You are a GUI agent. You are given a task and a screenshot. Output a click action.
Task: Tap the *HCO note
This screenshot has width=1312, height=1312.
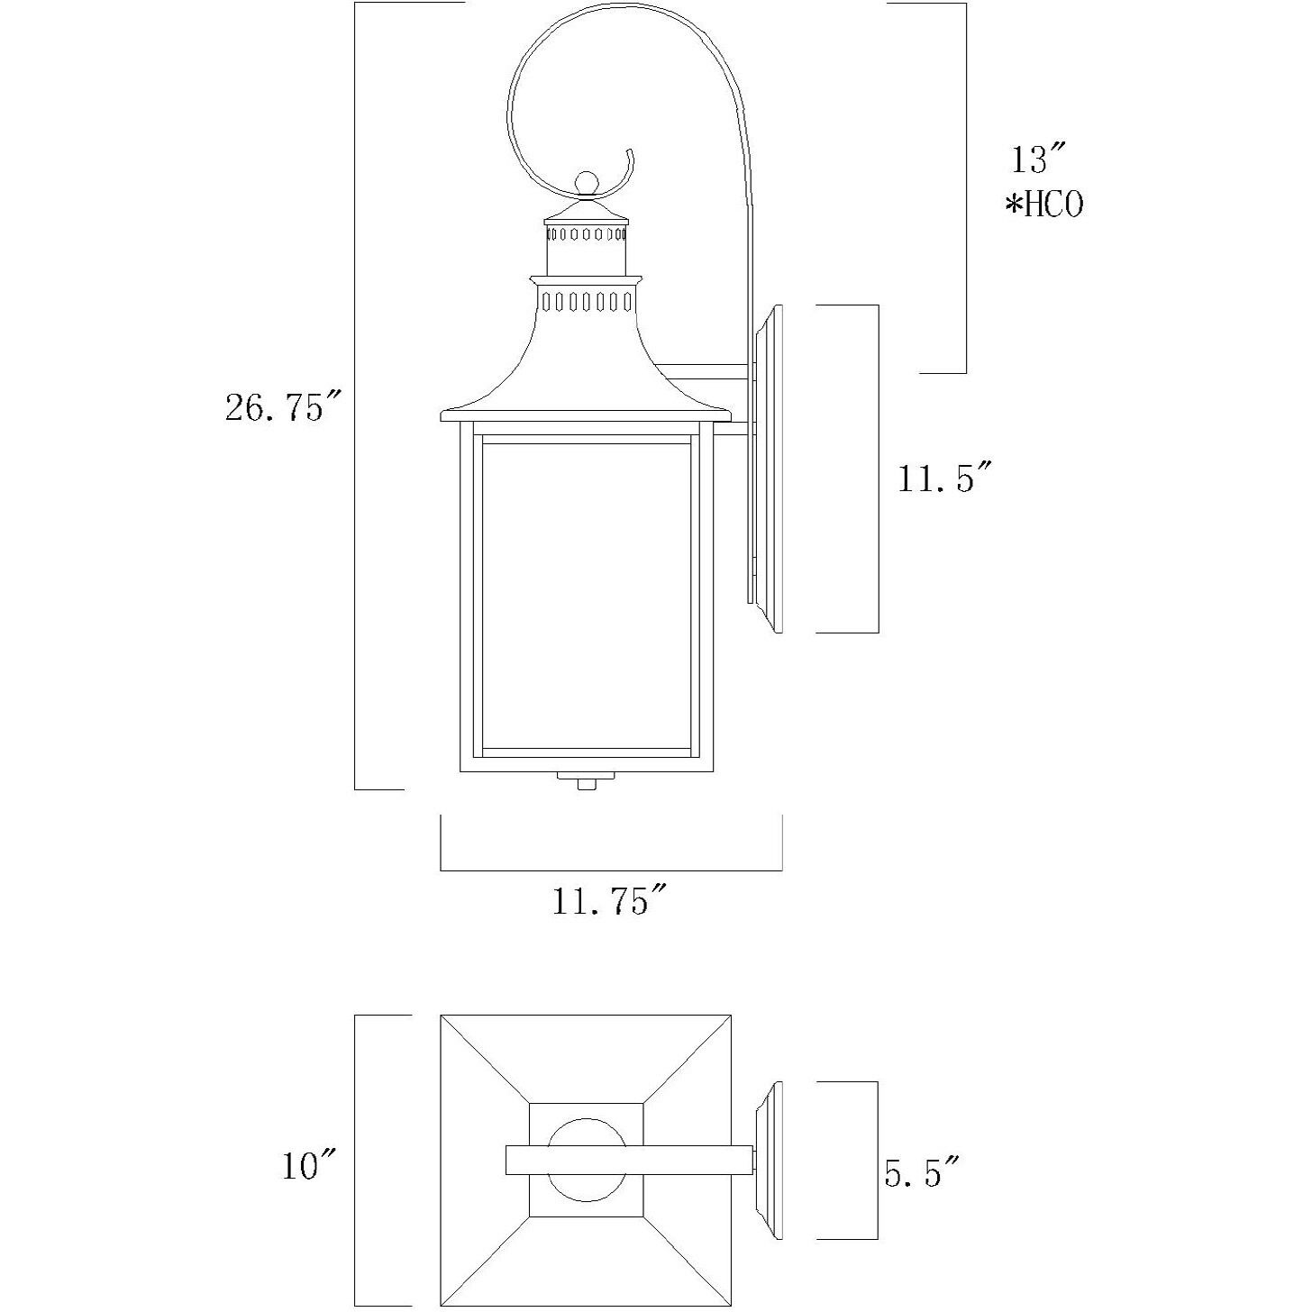pyautogui.click(x=1044, y=205)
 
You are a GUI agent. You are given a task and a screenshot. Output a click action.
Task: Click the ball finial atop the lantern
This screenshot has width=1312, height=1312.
pyautogui.click(x=587, y=183)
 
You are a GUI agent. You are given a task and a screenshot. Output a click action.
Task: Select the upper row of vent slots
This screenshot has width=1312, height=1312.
pyautogui.click(x=586, y=234)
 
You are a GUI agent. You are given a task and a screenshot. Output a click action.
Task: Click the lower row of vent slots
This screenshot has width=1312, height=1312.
pyautogui.click(x=586, y=300)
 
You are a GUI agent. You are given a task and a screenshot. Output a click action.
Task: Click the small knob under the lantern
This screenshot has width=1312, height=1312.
pyautogui.click(x=587, y=784)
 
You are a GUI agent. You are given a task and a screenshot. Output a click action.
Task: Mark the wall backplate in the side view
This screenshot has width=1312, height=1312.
pyautogui.click(x=767, y=469)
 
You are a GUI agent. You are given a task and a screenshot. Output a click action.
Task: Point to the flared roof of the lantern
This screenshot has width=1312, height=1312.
pyautogui.click(x=586, y=369)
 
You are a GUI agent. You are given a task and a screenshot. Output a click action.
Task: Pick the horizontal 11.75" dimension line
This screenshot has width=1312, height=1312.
pyautogui.click(x=611, y=870)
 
